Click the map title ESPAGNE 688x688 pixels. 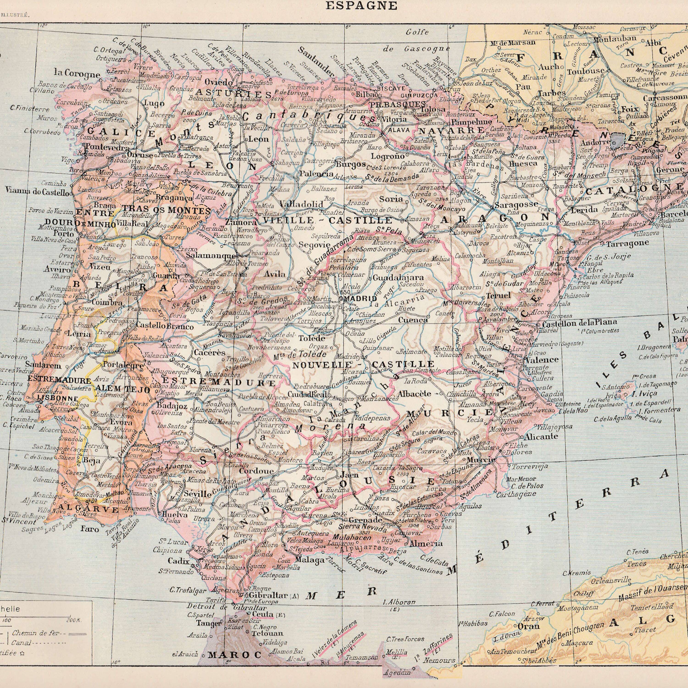[361, 6]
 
